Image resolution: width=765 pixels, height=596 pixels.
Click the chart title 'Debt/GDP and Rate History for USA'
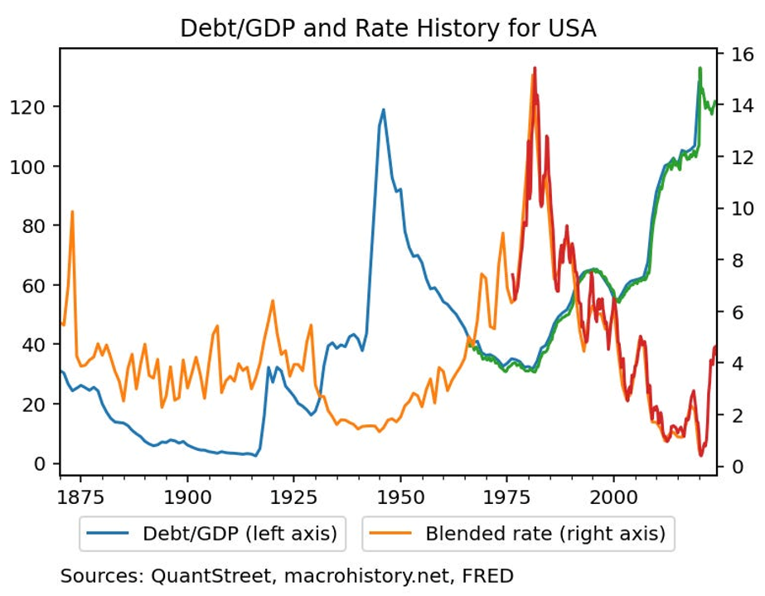point(388,28)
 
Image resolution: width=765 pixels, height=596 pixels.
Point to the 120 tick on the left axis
point(33,107)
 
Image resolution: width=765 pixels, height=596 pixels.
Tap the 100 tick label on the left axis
point(33,167)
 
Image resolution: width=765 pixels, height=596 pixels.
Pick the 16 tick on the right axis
point(740,55)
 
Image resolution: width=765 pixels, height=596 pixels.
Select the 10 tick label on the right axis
point(740,209)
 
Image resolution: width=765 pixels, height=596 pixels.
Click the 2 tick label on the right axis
point(736,415)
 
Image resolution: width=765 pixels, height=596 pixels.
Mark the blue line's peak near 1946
point(383,109)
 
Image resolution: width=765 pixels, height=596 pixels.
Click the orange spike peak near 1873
point(72,211)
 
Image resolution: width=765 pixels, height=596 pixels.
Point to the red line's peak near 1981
point(535,68)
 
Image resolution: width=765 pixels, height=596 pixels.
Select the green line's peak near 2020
point(700,69)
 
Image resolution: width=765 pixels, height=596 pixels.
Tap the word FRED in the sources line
point(488,575)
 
